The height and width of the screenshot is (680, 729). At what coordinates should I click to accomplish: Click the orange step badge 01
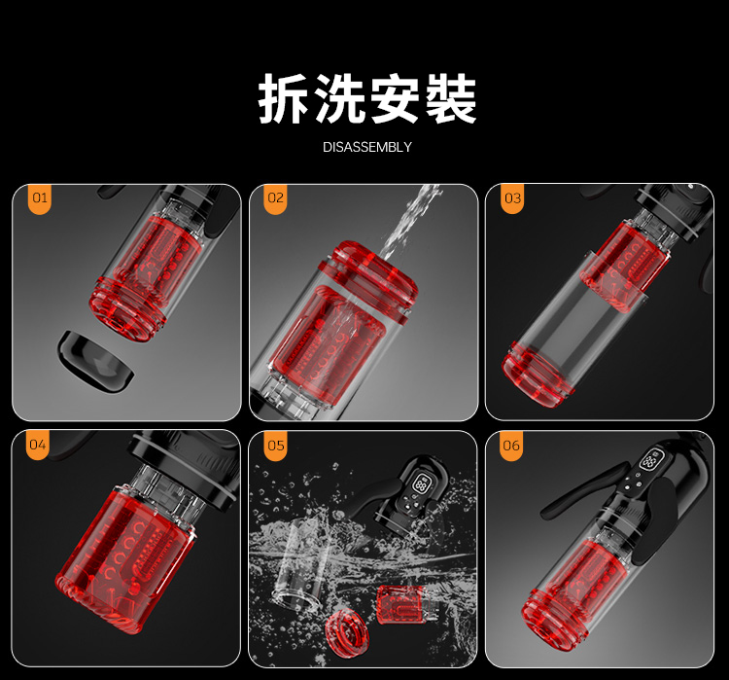40,198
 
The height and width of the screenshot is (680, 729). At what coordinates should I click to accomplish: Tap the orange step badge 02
275,198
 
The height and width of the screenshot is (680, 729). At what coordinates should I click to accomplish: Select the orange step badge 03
512,198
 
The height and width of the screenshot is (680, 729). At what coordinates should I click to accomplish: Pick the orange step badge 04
38,445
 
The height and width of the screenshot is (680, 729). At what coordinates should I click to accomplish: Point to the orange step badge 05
275,446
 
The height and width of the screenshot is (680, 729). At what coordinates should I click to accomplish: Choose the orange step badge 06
511,446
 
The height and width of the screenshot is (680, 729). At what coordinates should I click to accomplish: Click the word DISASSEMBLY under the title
367,147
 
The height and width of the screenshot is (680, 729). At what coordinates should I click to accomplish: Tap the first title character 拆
283,98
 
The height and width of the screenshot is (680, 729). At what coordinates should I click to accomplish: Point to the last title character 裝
450,98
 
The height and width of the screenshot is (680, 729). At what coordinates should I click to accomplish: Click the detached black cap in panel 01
95,362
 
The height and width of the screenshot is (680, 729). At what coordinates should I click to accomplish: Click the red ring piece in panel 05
347,633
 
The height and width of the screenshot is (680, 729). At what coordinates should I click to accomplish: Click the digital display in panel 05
421,483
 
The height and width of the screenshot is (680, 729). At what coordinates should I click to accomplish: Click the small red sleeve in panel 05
399,604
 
